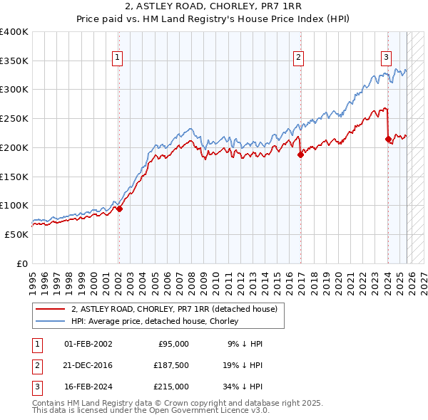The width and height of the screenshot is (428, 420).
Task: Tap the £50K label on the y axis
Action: tap(16, 234)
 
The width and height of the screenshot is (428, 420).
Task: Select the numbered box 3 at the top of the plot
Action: tap(386, 58)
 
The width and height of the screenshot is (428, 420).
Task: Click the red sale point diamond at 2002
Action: tap(119, 209)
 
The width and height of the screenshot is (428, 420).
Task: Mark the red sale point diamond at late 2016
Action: tap(300, 154)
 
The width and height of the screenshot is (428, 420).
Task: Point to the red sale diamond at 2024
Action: tap(388, 140)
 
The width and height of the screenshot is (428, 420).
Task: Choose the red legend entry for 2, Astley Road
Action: tap(178, 309)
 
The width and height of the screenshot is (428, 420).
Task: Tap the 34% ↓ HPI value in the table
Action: tap(243, 387)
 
